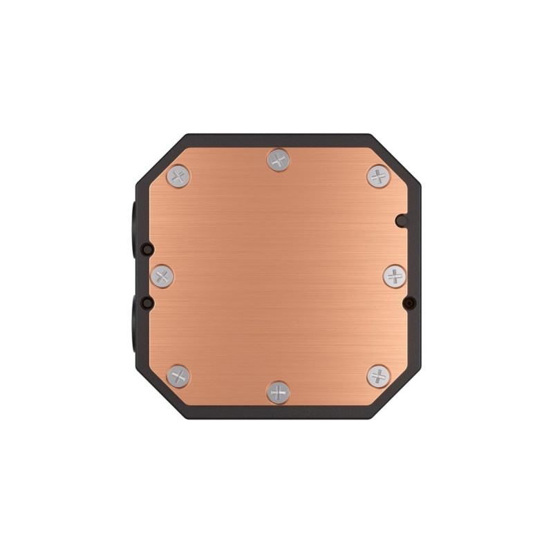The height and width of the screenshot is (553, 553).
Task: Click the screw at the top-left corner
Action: pos(178,176)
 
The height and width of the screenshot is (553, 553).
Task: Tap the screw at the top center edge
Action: pos(278,161)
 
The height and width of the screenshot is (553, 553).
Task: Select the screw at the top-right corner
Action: pos(377,176)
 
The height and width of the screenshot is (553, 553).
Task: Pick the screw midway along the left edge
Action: pos(162,276)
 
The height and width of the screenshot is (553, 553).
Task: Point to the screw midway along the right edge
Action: pos(394,276)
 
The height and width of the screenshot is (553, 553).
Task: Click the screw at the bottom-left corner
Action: pos(178,376)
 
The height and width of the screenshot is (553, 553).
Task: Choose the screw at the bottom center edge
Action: pos(278,392)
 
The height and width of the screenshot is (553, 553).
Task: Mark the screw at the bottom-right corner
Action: pos(377,376)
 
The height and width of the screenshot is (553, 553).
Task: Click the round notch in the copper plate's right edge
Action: pos(400,221)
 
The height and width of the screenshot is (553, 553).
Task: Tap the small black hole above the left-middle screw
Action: pos(146,249)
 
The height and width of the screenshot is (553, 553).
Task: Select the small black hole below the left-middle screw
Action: pos(146,303)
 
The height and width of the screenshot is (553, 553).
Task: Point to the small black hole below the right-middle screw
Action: pos(410,303)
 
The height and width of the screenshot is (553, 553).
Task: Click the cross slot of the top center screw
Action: pos(278,161)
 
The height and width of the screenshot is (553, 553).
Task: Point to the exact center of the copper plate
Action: pos(278,276)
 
